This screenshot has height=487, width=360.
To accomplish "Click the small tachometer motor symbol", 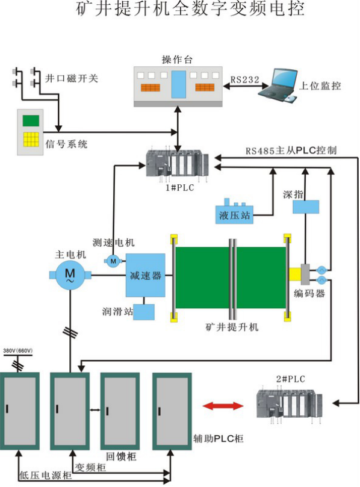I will click(x=113, y=260).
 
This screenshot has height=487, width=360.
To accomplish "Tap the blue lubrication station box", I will click(x=143, y=311).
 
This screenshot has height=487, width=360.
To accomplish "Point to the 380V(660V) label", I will click(x=18, y=350).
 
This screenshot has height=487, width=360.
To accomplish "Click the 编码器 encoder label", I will click(x=309, y=294).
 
